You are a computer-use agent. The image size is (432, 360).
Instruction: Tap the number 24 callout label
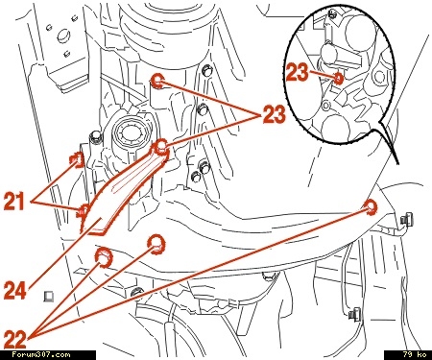(14, 291)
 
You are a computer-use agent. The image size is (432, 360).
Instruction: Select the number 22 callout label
(14, 340)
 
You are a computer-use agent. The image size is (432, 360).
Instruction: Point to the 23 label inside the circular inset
(298, 72)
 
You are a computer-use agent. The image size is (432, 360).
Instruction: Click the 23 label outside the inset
(274, 114)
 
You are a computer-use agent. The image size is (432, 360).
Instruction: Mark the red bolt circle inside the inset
(339, 78)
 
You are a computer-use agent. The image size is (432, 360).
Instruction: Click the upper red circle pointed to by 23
(157, 81)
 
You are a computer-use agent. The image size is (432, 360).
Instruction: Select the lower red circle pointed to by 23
(161, 147)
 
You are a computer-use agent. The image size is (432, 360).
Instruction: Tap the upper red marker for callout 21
(78, 159)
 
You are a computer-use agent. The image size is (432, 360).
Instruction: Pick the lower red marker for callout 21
(84, 210)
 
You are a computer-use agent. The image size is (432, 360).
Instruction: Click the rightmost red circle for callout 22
(371, 206)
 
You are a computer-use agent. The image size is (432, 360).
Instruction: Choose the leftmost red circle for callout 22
(104, 256)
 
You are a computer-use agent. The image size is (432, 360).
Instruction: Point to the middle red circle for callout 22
(156, 244)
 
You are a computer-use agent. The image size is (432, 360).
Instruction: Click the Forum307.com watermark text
(41, 354)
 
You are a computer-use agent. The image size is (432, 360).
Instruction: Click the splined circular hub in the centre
(131, 132)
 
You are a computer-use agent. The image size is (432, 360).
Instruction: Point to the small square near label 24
(49, 297)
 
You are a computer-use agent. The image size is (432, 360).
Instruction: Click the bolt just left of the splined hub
(95, 137)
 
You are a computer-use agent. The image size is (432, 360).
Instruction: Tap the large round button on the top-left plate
(63, 36)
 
